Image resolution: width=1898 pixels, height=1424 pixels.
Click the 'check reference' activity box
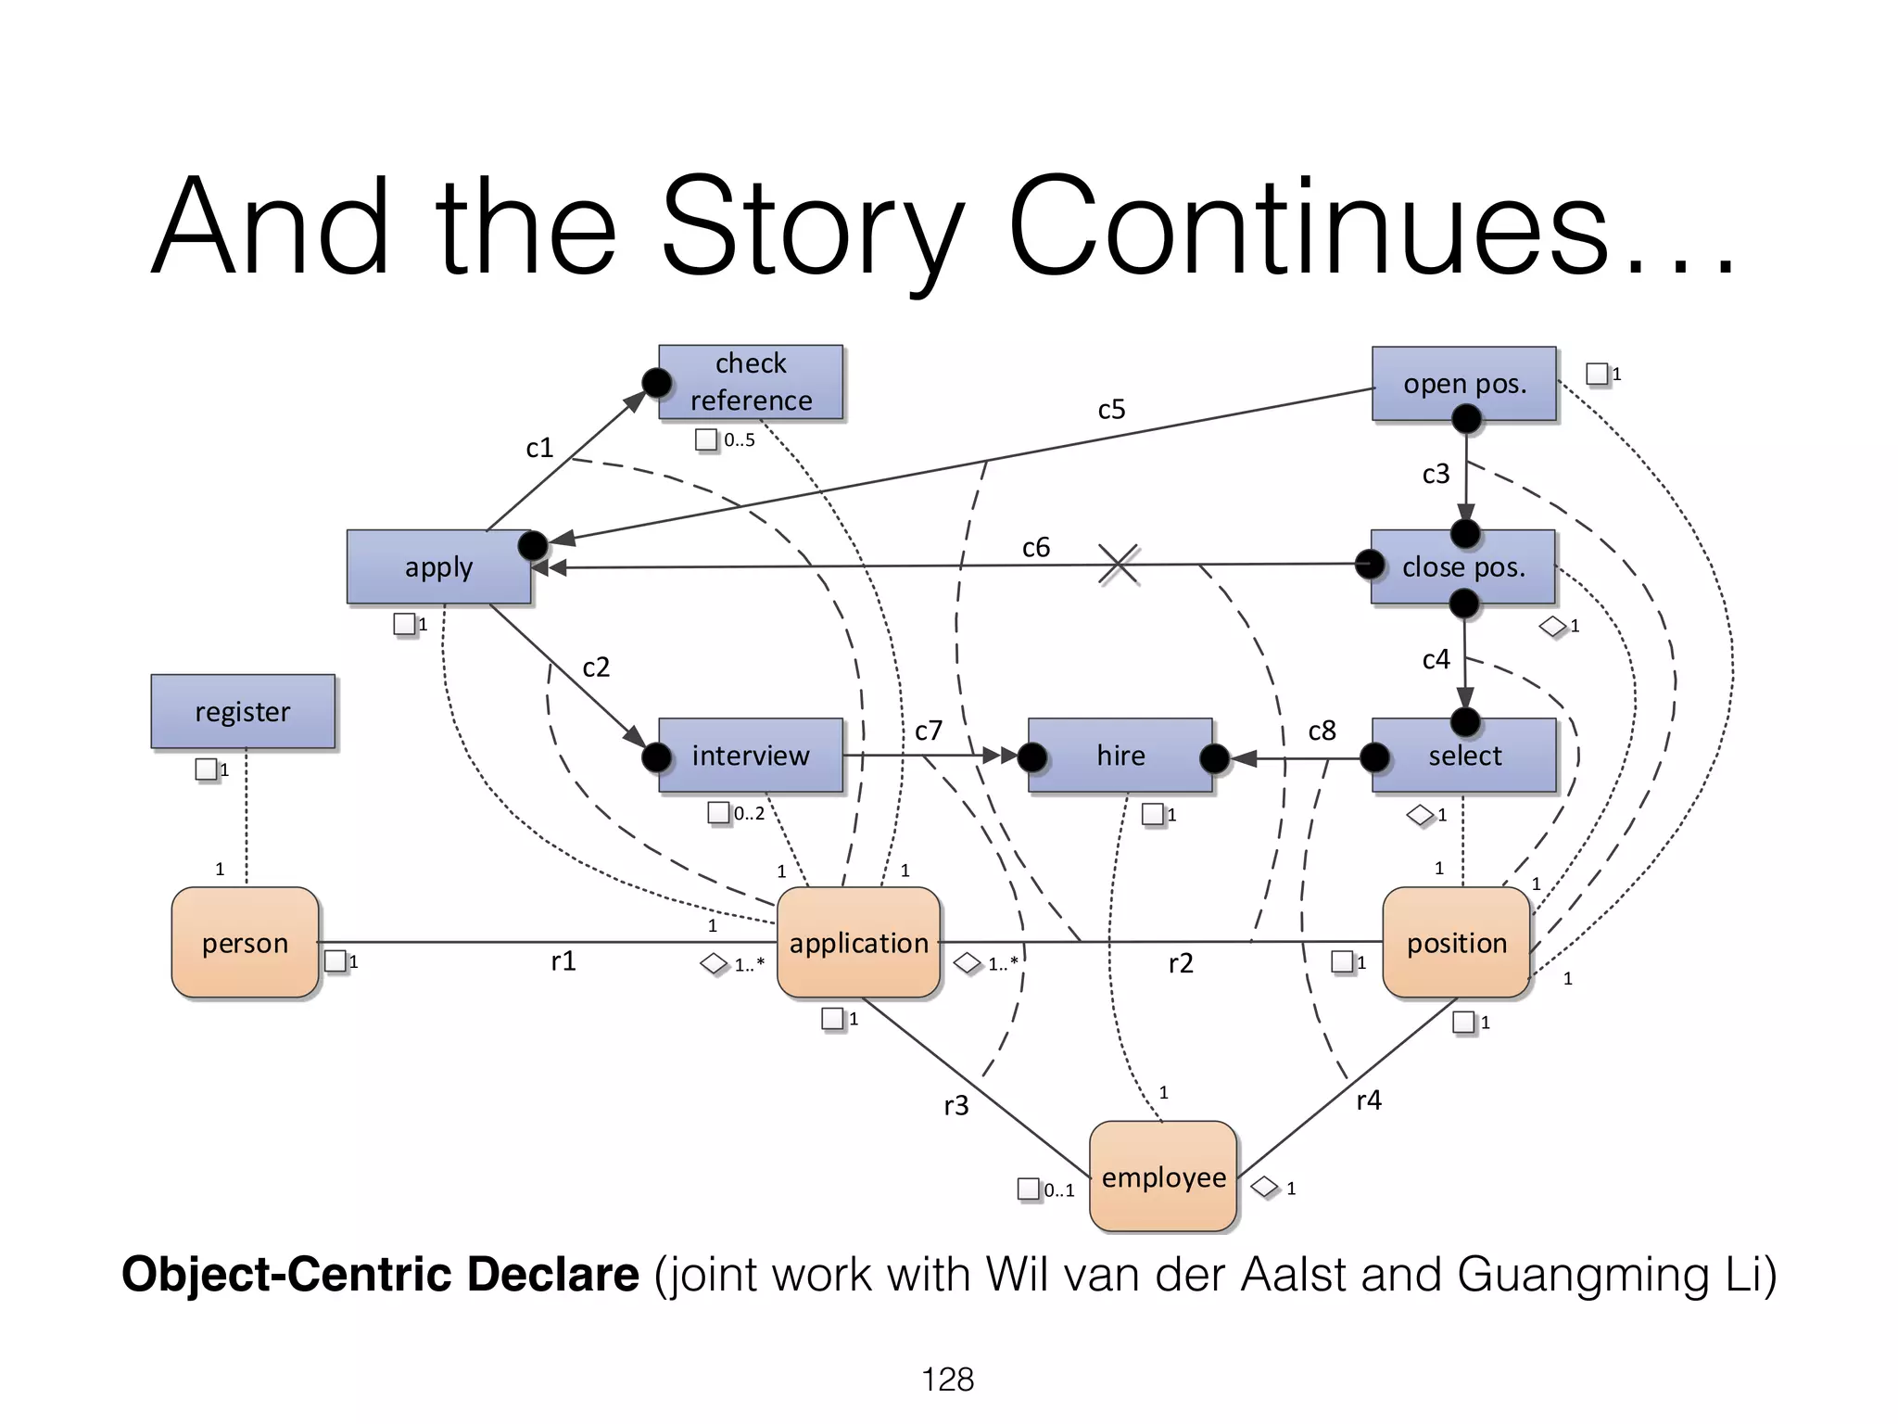(751, 382)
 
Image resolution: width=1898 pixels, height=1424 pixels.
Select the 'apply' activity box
(438, 566)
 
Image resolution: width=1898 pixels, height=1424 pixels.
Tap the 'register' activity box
(243, 711)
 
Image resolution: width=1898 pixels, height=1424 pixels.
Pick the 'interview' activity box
(751, 756)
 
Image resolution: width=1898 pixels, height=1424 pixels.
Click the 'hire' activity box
(1120, 756)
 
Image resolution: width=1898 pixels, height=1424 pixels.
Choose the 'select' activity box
(1464, 756)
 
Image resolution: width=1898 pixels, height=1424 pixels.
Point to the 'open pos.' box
(1464, 383)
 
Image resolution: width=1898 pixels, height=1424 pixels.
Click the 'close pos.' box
(1463, 566)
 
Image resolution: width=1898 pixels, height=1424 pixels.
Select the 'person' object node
(245, 943)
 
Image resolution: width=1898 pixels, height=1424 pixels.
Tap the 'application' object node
(858, 943)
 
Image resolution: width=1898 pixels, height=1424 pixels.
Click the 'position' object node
(1456, 943)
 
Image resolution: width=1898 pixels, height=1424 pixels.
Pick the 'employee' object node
(1163, 1176)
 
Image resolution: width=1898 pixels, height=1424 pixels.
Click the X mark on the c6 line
(1119, 565)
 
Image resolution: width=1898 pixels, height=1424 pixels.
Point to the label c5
(1111, 409)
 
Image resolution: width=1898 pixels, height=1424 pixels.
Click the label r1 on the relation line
(563, 961)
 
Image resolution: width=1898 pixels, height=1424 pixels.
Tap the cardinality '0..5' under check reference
(739, 440)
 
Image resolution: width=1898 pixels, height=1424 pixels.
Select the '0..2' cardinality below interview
(749, 814)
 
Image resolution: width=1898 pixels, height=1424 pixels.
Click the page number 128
(947, 1379)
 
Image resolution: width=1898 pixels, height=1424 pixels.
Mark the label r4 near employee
(1368, 1100)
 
